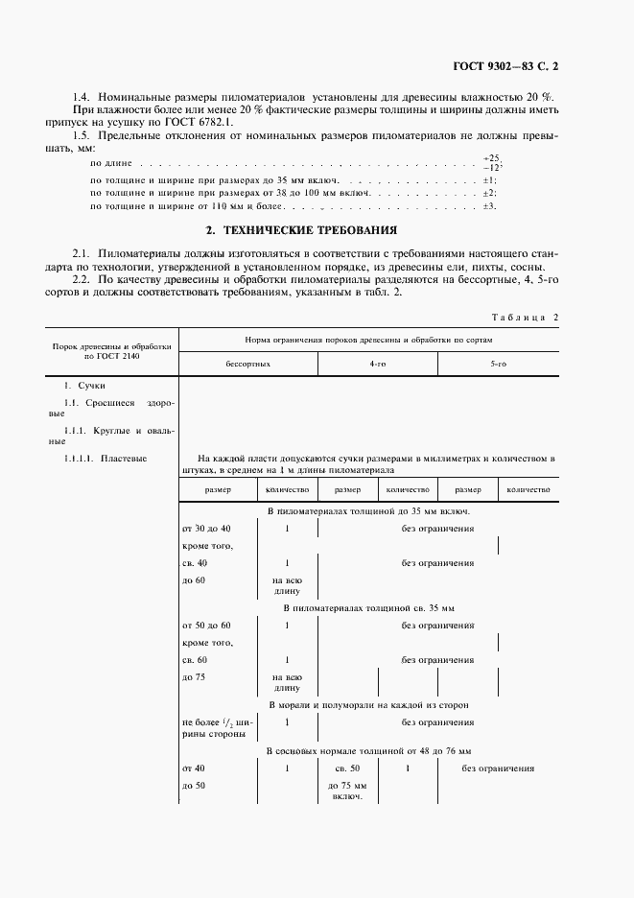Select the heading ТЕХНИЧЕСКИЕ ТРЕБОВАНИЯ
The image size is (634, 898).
coord(317,231)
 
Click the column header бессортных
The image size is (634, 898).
coord(247,365)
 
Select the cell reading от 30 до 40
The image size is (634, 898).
coord(206,529)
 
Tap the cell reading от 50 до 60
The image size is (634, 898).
coord(206,626)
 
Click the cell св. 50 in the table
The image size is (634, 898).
coord(347,769)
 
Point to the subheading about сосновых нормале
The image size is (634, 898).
coord(368,750)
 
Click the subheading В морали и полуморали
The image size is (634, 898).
coord(368,705)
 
